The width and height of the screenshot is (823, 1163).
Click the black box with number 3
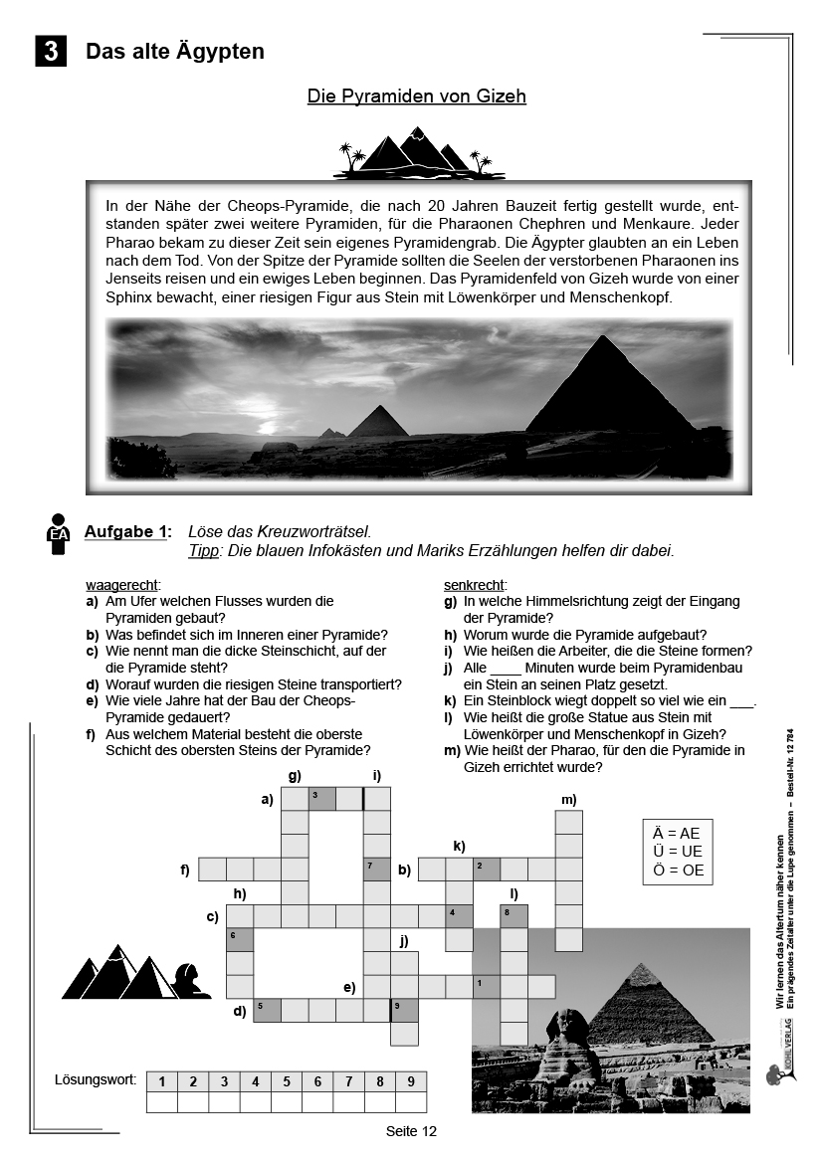tap(51, 51)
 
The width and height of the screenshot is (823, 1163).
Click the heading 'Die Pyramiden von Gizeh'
tap(416, 97)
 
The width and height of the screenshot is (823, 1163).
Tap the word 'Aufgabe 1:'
tap(127, 531)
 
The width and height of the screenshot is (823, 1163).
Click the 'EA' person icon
tap(59, 533)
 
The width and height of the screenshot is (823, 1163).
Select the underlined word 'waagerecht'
tap(122, 585)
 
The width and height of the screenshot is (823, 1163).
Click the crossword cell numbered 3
tap(321, 798)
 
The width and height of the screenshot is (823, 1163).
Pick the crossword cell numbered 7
tap(376, 870)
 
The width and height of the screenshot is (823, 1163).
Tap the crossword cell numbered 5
tap(267, 1011)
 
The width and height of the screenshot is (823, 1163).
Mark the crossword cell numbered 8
tap(514, 915)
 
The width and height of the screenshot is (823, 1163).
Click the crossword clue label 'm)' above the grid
tap(568, 799)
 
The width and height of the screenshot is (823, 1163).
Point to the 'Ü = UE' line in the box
tap(678, 852)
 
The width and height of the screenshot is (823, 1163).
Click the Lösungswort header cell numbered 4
tap(255, 1081)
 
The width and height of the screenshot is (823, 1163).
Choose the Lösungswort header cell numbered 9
tap(410, 1081)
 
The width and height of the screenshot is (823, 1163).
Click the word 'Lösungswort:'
tap(96, 1079)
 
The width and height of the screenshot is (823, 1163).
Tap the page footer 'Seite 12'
tap(412, 1131)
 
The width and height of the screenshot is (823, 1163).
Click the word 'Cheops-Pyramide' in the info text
tap(230, 205)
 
